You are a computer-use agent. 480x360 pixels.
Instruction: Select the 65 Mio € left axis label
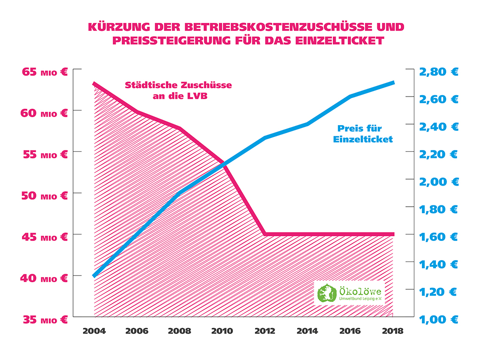(x=45, y=72)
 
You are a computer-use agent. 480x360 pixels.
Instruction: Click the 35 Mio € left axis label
(x=45, y=320)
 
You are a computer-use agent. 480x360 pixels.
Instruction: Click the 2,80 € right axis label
(x=438, y=72)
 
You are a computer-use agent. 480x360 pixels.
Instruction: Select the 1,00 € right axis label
(x=438, y=320)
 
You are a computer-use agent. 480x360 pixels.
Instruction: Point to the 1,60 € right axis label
(x=438, y=237)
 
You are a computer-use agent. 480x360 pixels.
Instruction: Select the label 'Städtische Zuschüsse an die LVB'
(x=178, y=91)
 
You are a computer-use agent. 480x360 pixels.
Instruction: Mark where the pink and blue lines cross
(x=223, y=164)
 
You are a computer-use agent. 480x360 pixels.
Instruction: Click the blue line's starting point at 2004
(x=94, y=276)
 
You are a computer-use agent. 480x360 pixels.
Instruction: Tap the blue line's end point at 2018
(x=393, y=82)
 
